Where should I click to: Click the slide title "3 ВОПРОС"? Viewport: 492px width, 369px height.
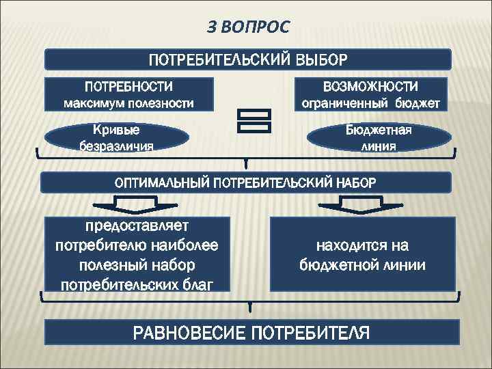tap(248, 27)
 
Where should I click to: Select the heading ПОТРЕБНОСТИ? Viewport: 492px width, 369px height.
tap(128, 87)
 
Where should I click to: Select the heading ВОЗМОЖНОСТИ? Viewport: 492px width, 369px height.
tap(370, 87)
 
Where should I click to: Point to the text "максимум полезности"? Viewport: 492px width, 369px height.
tap(128, 104)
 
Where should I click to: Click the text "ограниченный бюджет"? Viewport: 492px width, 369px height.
tap(371, 104)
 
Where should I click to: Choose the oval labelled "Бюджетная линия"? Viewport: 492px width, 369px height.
tap(379, 137)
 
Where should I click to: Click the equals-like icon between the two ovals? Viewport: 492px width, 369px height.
tap(253, 120)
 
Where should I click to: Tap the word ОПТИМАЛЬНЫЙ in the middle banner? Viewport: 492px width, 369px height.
tap(163, 182)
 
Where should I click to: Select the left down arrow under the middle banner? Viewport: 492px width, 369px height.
tap(137, 203)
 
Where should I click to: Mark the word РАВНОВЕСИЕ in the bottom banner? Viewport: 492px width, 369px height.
tap(191, 333)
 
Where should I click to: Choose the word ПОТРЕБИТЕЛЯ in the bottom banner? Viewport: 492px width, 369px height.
tap(311, 333)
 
